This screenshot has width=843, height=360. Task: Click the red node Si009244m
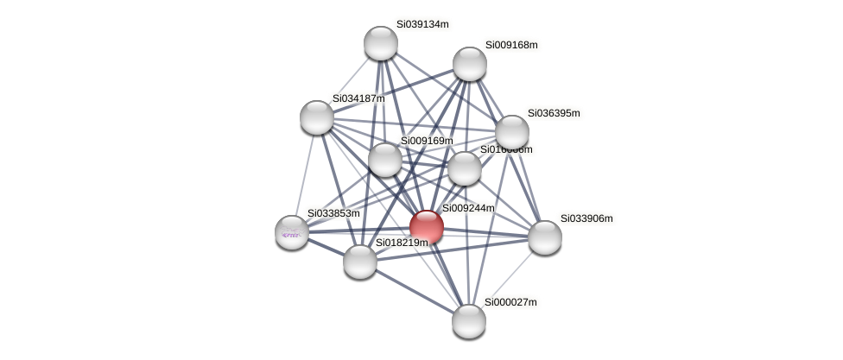427,227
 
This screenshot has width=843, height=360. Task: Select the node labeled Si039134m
381,43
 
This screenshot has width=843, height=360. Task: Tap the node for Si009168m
470,64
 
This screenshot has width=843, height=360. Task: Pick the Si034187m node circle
317,117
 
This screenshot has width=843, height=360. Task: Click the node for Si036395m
512,132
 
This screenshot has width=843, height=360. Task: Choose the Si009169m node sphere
385,160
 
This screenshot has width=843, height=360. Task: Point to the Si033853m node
292,231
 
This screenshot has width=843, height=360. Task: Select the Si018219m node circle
360,262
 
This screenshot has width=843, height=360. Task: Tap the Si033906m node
545,237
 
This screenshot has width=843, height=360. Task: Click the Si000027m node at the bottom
469,321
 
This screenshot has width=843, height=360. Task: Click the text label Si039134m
422,24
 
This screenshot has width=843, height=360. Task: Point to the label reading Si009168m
511,45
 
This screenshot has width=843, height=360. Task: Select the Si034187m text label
358,98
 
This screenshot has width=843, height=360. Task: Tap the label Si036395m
554,113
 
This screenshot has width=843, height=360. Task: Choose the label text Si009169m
426,141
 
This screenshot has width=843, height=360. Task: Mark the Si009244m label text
468,208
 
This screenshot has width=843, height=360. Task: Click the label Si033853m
333,213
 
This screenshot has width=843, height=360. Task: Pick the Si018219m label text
402,243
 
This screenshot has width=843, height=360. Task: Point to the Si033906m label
586,218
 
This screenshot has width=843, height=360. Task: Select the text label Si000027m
510,302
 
